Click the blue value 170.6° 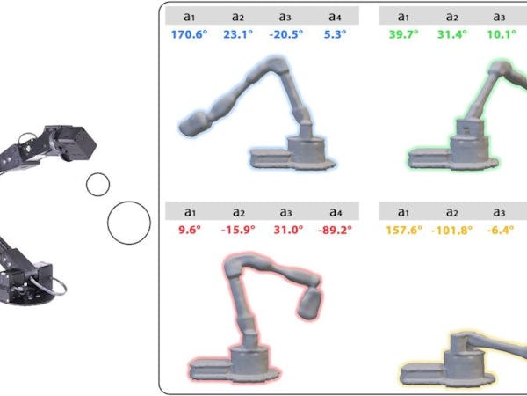[x=189, y=34]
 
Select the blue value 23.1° [x=238, y=34]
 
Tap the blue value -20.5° [x=286, y=34]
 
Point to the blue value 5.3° [x=335, y=34]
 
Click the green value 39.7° [x=404, y=34]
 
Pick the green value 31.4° [x=452, y=34]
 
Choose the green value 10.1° [x=502, y=34]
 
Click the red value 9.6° [x=190, y=230]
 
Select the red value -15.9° [x=238, y=230]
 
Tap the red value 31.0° [x=288, y=230]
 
